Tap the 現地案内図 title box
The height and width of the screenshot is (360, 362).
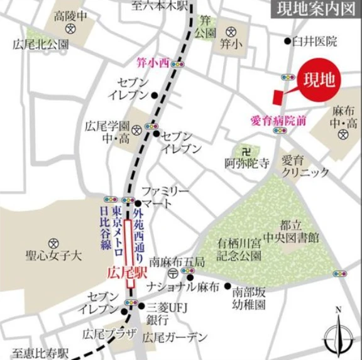312,9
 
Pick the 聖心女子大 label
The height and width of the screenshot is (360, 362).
55,256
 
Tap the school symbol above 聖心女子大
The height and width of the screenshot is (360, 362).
53,242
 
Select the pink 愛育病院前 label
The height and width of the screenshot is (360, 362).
278,120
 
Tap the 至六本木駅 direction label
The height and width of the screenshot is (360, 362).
160,5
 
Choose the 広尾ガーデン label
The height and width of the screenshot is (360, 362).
175,337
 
